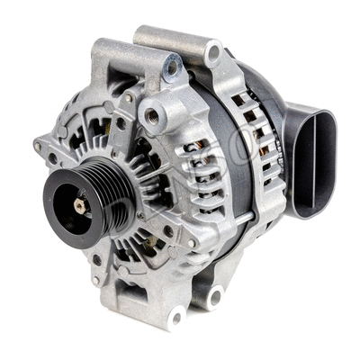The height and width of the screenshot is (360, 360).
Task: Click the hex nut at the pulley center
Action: click(x=79, y=206)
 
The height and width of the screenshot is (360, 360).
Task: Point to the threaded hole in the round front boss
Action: click(x=155, y=115)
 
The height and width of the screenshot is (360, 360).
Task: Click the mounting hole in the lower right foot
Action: click(x=216, y=296)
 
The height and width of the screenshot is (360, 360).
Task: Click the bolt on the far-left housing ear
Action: click(x=37, y=145)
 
